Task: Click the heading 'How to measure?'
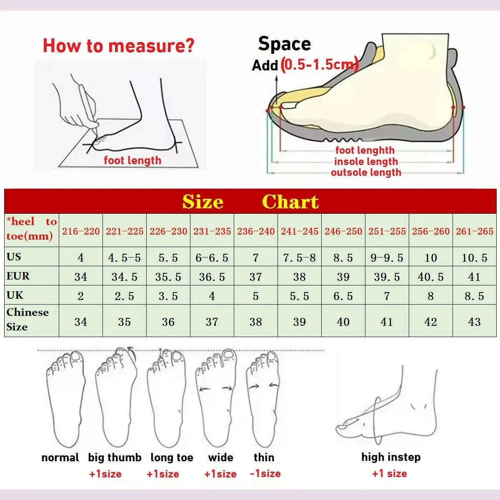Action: tap(119, 46)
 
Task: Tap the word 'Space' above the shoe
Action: tap(285, 44)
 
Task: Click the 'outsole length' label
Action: tap(366, 172)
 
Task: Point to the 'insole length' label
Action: tap(366, 161)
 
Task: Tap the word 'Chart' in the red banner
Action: tap(290, 202)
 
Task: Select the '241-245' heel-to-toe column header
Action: tap(300, 231)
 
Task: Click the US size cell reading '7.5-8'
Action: tap(300, 257)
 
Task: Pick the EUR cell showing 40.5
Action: tap(431, 277)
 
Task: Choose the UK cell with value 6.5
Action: tap(343, 296)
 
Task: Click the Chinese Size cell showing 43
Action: tap(474, 322)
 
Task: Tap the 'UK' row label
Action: tap(15, 295)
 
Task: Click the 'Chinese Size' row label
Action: tap(27, 320)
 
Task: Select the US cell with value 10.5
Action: tap(474, 257)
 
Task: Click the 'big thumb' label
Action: tap(115, 457)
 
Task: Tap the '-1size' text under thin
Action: tap(265, 473)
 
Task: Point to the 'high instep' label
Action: tap(391, 457)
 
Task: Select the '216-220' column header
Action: tap(81, 231)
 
